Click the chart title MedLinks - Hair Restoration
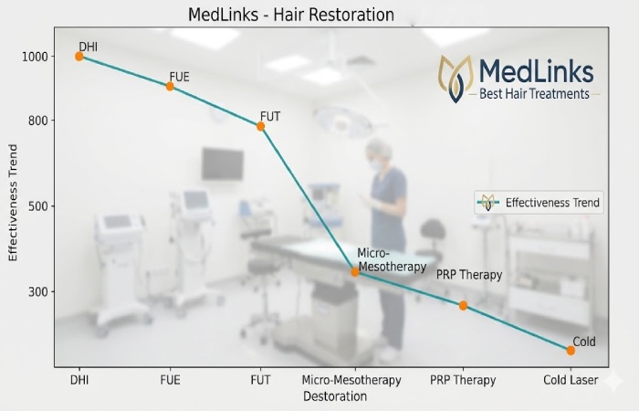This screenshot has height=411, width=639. (x=290, y=15)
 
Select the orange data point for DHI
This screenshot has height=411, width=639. (x=79, y=57)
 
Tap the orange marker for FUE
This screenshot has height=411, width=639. (x=170, y=87)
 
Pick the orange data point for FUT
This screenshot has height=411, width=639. (x=261, y=127)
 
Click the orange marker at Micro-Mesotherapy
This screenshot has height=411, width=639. (x=355, y=271)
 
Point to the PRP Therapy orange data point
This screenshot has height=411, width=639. (x=463, y=305)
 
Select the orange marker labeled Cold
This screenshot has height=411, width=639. (x=571, y=350)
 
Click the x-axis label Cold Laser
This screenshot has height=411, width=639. (x=571, y=380)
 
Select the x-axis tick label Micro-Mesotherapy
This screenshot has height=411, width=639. (x=351, y=380)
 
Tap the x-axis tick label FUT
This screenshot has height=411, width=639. (x=261, y=380)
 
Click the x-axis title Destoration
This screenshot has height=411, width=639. (x=335, y=396)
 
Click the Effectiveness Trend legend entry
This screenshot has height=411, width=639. (x=539, y=203)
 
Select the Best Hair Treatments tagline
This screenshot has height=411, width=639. (x=535, y=93)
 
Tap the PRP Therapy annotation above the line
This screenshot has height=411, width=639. (x=469, y=274)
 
